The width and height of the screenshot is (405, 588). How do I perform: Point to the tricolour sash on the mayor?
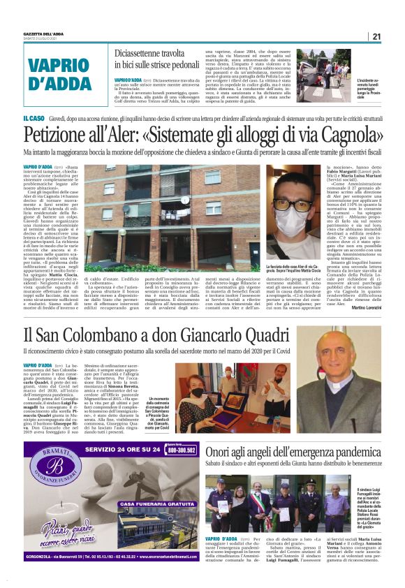tap(260, 506)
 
